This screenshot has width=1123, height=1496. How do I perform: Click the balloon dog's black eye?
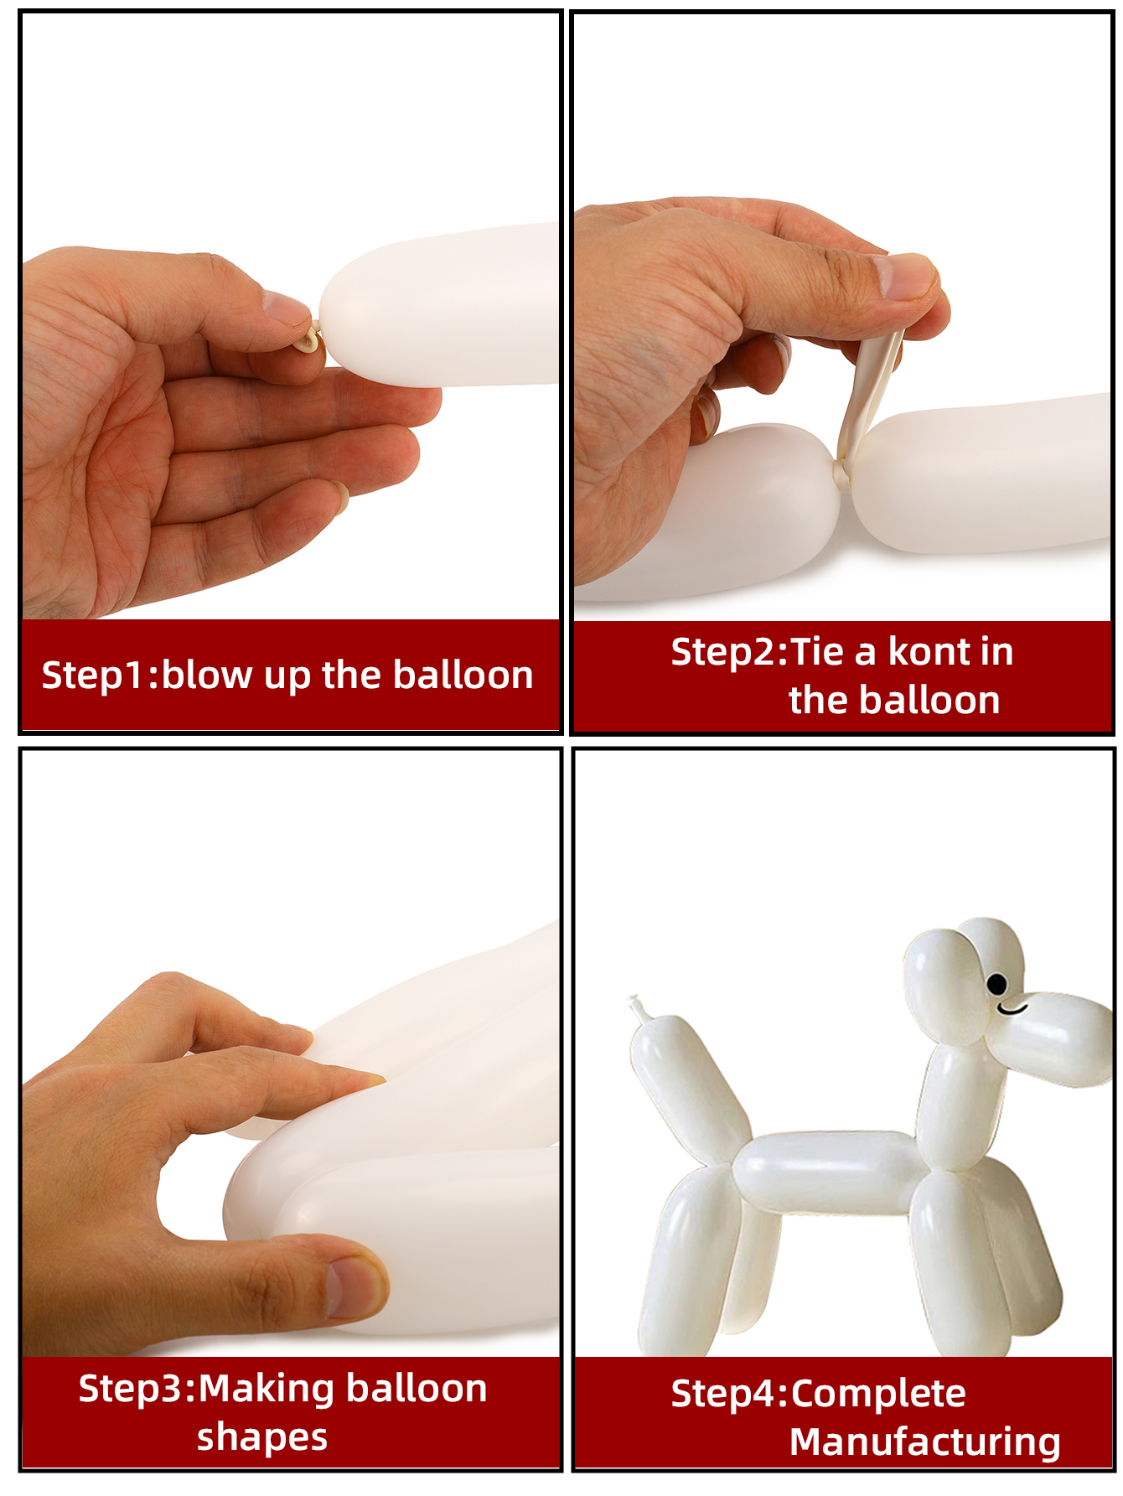coord(997,984)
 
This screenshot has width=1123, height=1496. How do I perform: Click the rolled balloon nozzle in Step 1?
coord(309,340)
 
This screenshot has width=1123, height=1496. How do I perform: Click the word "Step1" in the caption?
coord(94,676)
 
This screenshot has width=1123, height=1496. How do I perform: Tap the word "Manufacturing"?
coord(925,1442)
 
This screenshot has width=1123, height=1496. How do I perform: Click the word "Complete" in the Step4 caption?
coord(878,1395)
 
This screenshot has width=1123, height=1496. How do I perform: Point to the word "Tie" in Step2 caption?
coord(817,651)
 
